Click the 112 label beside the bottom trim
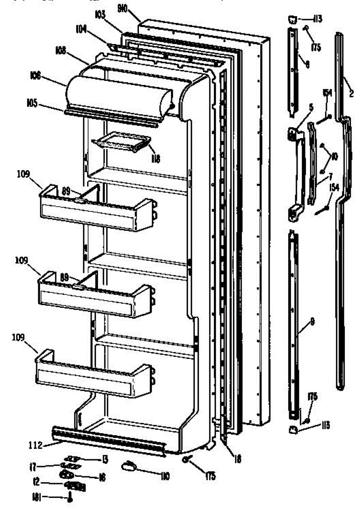click(x=36, y=445)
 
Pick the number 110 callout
click(x=165, y=476)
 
